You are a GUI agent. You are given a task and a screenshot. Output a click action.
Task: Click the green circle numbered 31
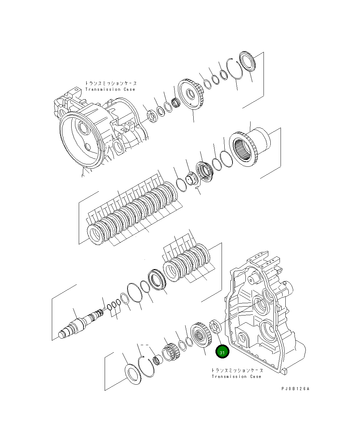[222, 352]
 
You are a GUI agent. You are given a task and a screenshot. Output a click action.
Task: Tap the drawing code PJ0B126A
[295, 388]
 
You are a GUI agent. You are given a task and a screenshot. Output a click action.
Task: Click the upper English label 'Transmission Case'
[110, 89]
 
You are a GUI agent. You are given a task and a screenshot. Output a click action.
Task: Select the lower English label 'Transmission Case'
[236, 377]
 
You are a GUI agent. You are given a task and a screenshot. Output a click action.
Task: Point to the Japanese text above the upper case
[111, 83]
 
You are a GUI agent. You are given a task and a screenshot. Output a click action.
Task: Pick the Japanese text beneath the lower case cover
[237, 370]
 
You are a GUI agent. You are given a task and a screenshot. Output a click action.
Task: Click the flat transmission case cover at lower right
[262, 317]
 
